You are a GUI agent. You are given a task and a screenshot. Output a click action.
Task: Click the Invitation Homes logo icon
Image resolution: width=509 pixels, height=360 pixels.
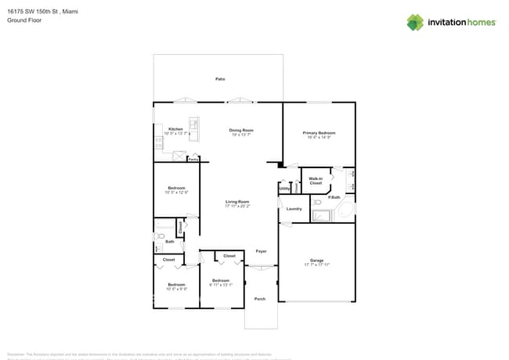[x=414, y=22]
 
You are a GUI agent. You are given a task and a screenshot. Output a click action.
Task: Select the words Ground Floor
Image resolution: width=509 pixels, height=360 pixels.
[x=24, y=21]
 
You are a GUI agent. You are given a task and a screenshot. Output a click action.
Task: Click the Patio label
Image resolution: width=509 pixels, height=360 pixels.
[x=220, y=79]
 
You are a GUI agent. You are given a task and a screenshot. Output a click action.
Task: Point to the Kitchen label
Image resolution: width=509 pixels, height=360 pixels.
[x=176, y=129]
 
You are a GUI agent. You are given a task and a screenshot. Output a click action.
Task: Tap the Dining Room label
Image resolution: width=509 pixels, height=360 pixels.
[x=241, y=130]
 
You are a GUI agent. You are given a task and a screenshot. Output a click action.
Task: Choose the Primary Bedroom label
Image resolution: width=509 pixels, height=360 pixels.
[x=319, y=133]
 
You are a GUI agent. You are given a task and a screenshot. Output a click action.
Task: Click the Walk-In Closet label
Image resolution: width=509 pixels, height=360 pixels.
[x=316, y=181]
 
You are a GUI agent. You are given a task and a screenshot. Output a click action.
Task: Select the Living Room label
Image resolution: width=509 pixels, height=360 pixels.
[x=237, y=202]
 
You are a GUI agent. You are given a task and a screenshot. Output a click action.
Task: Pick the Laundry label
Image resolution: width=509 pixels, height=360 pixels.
[x=294, y=209]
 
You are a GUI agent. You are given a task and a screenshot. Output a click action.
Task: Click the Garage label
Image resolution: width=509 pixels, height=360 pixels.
[x=316, y=260]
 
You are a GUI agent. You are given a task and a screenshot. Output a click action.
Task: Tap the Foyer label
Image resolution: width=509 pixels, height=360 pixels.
[x=261, y=251]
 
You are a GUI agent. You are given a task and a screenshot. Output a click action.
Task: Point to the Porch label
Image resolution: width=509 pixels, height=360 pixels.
[x=260, y=298]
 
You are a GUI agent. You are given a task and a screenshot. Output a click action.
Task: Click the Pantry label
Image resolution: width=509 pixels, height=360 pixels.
[x=193, y=159]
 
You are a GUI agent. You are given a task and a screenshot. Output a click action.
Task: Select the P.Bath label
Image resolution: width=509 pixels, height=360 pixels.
[x=334, y=197]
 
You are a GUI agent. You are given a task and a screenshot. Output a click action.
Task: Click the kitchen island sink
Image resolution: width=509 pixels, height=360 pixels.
[x=193, y=125]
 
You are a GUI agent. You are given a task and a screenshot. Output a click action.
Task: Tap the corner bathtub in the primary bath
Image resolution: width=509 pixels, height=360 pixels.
[x=321, y=214]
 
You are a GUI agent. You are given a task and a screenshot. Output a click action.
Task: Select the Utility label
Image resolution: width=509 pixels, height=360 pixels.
[x=284, y=188]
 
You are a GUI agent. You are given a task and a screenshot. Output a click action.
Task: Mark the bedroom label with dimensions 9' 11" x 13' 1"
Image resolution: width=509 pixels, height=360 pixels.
[x=220, y=282]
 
